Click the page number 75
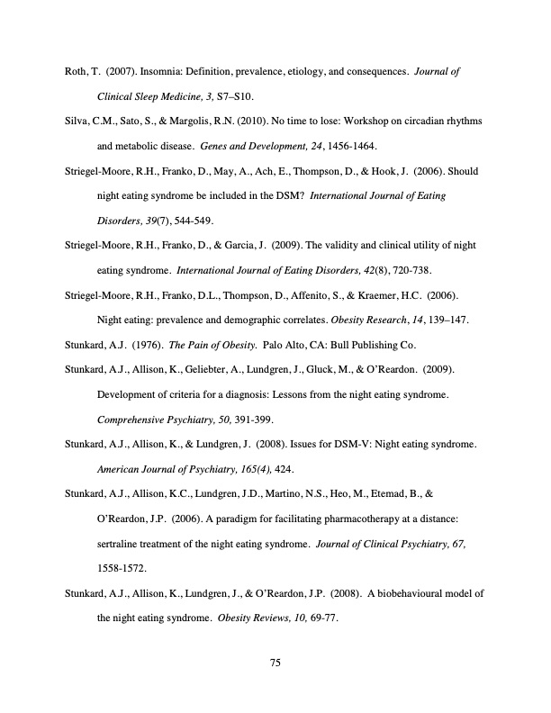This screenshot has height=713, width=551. click(275, 663)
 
